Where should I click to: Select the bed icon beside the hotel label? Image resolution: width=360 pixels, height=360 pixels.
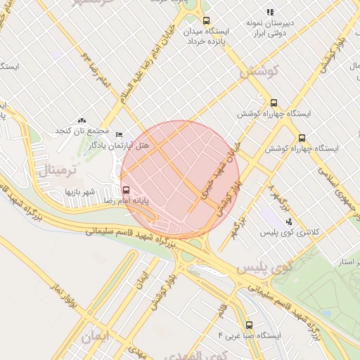tap(119, 134)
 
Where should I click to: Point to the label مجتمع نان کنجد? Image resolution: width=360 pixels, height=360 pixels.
tap(82, 131)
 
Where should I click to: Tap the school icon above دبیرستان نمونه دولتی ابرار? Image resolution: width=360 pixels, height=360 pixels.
tap(269, 12)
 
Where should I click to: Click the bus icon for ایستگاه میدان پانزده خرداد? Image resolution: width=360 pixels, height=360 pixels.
tap(205, 21)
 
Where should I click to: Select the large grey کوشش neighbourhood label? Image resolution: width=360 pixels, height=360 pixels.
tap(259, 72)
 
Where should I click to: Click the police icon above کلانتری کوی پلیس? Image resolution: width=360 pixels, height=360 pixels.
tap(288, 221)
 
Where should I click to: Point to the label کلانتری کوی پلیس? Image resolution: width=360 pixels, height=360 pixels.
tap(285, 232)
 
